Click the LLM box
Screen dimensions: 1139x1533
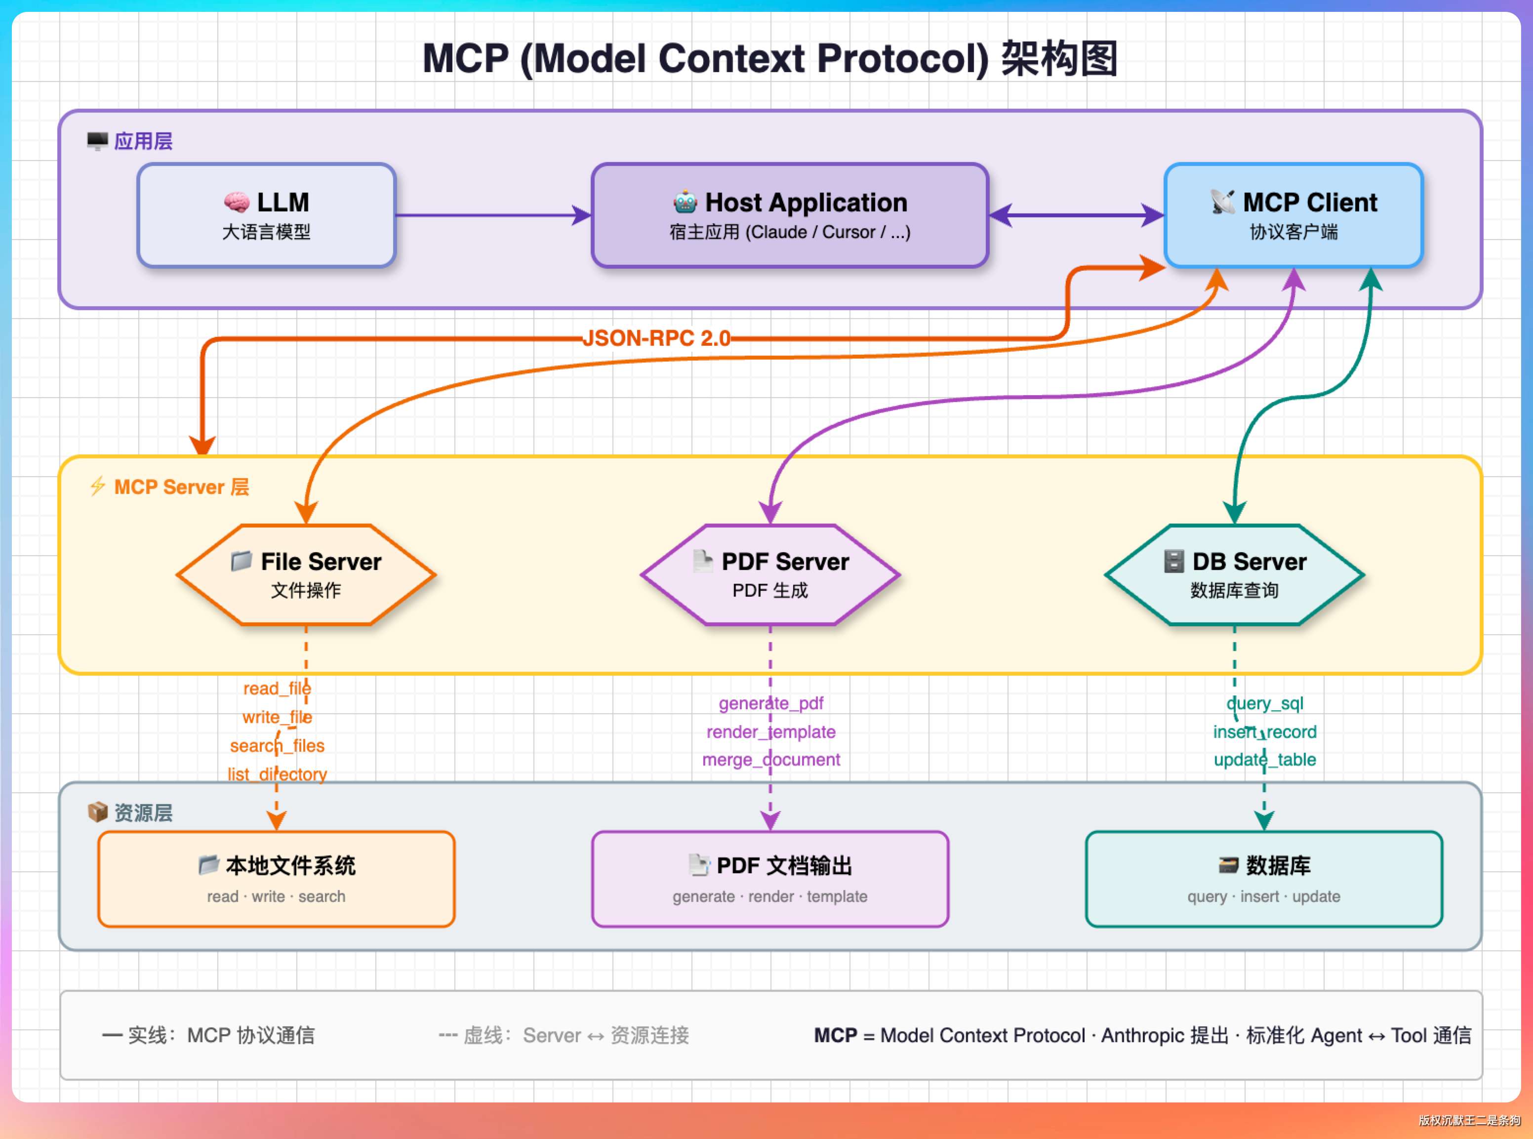pos(266,215)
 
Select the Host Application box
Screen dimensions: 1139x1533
pos(790,215)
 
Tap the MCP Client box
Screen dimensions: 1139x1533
pos(1293,215)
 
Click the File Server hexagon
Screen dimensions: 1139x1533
pos(306,575)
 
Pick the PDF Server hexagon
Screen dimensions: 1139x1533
pos(770,575)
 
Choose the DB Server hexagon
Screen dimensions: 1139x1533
pos(1234,575)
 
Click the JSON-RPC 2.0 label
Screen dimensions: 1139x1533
pos(656,338)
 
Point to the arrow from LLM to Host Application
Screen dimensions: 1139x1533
pos(492,215)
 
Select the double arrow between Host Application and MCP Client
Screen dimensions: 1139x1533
pos(1076,215)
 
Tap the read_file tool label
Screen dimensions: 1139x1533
pos(277,688)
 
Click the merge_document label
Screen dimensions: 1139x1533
pos(770,759)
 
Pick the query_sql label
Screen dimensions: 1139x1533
pos(1264,703)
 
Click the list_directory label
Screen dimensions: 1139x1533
pos(277,774)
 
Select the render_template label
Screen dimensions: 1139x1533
pos(770,732)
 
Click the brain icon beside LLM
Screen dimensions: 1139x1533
pos(237,202)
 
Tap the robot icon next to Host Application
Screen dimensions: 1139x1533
pos(685,202)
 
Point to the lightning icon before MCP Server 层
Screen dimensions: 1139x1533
pos(97,486)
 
